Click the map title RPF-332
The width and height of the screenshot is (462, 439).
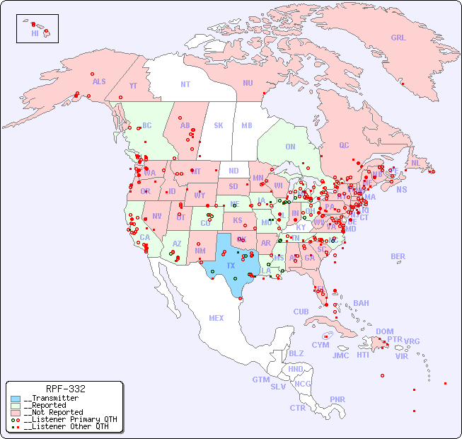tap(65, 389)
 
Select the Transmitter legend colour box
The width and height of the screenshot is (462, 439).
tap(16, 399)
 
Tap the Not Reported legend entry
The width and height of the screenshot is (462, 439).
tap(52, 412)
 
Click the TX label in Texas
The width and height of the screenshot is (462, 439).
tap(230, 266)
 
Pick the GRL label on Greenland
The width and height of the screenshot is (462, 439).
tap(398, 38)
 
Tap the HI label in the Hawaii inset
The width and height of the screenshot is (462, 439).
tap(35, 33)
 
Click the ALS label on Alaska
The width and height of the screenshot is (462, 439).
tap(99, 81)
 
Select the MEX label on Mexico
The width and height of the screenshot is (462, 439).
tap(216, 318)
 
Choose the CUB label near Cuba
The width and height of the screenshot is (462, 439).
tap(301, 312)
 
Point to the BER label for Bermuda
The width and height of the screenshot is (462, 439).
tap(398, 256)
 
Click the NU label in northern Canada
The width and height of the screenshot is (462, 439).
tap(248, 83)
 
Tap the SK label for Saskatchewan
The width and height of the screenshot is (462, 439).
tap(219, 125)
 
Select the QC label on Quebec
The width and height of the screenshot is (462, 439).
tap(344, 145)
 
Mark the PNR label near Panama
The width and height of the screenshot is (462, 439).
tap(337, 399)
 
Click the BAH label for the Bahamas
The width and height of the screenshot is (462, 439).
tap(361, 303)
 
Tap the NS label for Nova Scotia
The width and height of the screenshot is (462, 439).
tap(401, 189)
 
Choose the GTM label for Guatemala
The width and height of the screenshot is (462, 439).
tap(260, 380)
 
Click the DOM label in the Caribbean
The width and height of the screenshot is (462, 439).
tap(384, 331)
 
